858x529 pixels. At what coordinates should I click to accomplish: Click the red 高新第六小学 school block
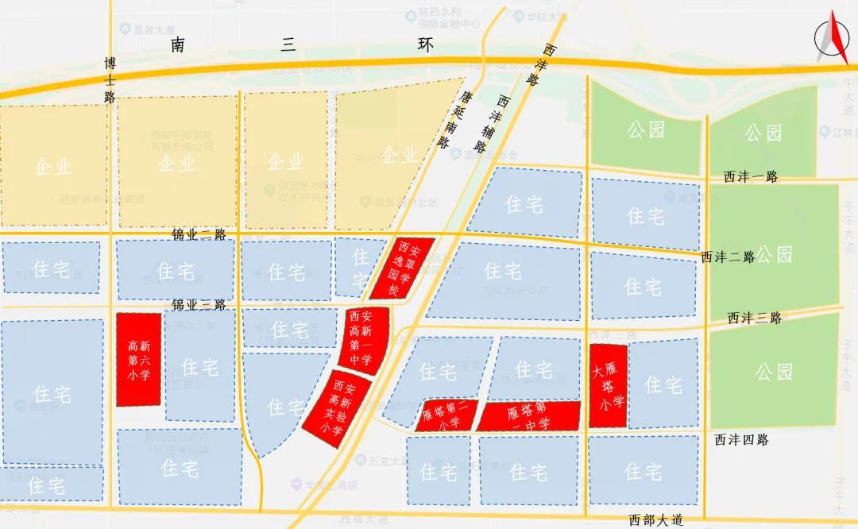click(x=139, y=359)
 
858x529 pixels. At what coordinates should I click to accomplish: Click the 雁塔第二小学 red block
click(x=448, y=415)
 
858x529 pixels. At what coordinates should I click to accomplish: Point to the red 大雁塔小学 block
click(x=609, y=385)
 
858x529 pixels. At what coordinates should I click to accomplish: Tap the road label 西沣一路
click(x=751, y=177)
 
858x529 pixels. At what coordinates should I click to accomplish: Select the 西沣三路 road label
click(x=755, y=318)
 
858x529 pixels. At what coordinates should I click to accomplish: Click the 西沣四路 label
click(x=741, y=440)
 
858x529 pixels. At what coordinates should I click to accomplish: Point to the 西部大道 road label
click(x=656, y=520)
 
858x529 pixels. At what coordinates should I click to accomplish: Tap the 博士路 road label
click(x=110, y=79)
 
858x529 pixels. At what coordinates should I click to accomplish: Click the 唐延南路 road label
click(x=452, y=120)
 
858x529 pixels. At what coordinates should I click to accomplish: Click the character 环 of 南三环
click(x=427, y=45)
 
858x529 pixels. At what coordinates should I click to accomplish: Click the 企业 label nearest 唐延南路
click(x=400, y=155)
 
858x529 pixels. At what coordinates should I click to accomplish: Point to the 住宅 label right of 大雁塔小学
click(x=663, y=385)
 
